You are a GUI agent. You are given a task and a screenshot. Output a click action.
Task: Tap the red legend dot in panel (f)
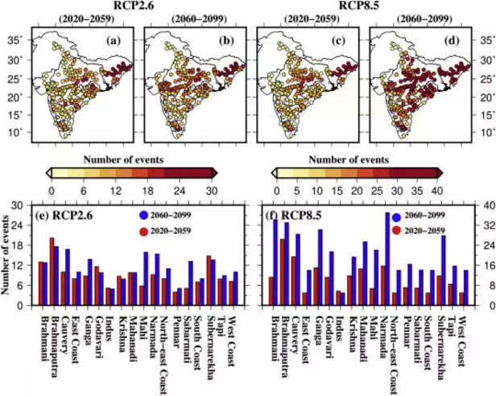(395, 230)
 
